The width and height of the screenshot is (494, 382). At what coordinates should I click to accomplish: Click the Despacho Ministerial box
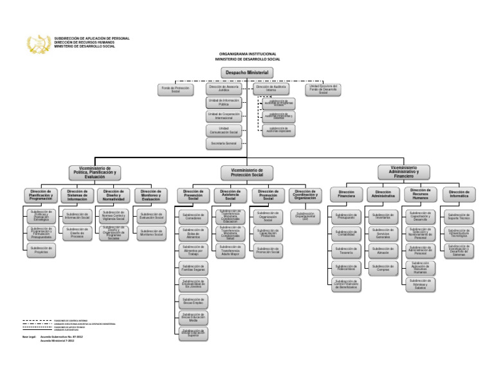(x=248, y=73)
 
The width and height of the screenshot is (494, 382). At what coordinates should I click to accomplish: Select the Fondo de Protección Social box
(x=176, y=90)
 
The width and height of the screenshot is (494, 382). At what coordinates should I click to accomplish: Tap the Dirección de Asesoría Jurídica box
(x=224, y=89)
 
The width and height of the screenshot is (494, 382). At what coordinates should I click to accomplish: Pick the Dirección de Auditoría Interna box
(x=271, y=89)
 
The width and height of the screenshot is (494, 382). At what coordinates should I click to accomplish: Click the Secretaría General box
(x=224, y=143)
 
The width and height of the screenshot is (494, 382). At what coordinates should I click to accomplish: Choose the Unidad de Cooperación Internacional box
(x=224, y=116)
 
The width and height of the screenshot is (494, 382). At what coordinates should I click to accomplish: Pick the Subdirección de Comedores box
(x=193, y=218)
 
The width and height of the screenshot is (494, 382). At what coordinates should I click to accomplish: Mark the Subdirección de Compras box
(x=383, y=269)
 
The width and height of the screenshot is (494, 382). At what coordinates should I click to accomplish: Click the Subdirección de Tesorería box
(x=346, y=252)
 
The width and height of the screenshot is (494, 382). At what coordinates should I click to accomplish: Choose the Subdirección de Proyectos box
(x=41, y=250)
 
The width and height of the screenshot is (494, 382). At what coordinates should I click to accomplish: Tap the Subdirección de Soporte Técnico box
(x=459, y=217)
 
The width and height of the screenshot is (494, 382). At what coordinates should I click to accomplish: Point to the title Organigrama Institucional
(x=248, y=55)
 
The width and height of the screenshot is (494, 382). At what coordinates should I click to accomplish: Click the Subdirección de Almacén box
(x=383, y=253)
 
